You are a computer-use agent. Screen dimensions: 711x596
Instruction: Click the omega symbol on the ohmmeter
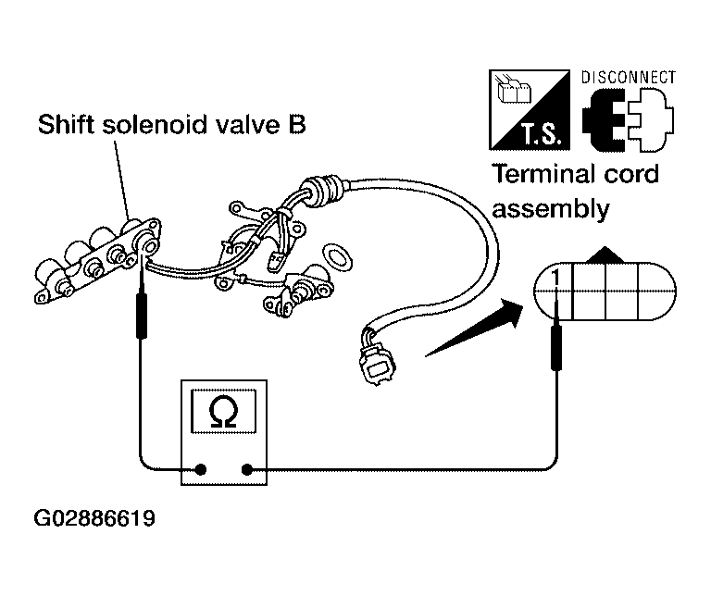(x=223, y=411)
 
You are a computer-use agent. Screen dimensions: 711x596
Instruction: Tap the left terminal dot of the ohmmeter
(x=200, y=469)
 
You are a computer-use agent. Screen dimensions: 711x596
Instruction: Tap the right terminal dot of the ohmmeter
(x=247, y=469)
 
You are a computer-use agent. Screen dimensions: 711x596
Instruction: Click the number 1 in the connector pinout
(x=555, y=278)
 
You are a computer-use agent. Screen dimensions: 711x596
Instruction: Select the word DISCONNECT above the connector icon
(x=629, y=78)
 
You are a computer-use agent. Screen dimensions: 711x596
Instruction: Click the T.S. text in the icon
(x=542, y=133)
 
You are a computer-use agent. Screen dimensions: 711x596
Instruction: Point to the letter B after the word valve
(x=297, y=124)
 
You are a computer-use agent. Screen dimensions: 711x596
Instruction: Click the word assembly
(x=551, y=209)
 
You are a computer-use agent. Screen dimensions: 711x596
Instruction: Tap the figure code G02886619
(x=94, y=518)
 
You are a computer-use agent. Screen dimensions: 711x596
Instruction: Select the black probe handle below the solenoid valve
(x=142, y=316)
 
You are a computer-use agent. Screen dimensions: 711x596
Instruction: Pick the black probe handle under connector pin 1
(x=556, y=348)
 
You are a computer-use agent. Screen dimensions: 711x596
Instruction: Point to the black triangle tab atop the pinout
(x=605, y=255)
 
